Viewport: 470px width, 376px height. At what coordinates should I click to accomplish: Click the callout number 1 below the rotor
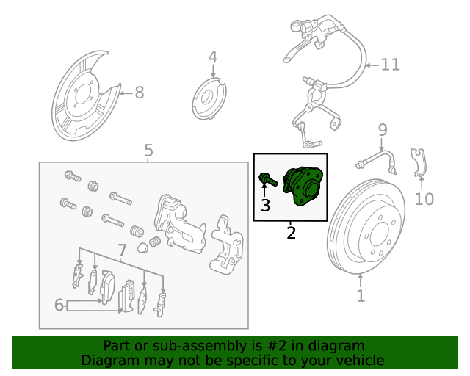point(361,296)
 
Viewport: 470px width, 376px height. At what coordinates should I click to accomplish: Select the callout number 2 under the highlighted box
point(292,234)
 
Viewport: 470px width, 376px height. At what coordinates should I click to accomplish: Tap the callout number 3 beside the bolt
point(266,206)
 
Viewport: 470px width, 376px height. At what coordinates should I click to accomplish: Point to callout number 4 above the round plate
point(212,57)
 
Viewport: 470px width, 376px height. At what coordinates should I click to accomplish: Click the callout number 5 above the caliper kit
point(149,151)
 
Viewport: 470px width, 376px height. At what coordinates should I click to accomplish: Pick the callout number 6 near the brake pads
point(59,305)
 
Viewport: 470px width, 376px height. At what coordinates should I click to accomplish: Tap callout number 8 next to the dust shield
point(139,93)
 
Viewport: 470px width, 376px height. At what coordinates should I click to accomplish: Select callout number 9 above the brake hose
point(382,131)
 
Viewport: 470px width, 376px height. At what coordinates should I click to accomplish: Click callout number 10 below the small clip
point(424,199)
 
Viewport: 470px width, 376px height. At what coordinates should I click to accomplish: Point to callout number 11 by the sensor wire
point(391,65)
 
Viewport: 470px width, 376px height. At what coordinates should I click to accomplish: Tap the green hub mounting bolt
point(267,178)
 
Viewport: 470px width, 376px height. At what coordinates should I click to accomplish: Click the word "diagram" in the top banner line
point(338,346)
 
